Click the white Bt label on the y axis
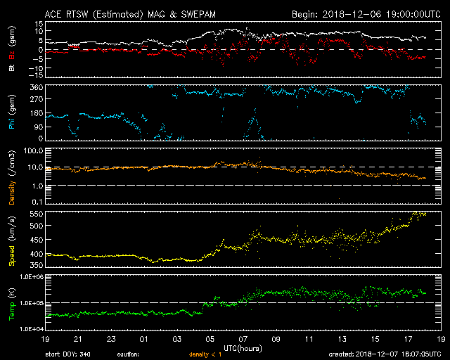point(12,67)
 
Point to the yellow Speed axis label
point(12,256)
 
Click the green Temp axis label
point(12,311)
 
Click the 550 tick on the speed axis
point(37,214)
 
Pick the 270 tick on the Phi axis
point(37,99)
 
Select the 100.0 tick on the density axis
point(34,150)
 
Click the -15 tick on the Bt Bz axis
point(35,75)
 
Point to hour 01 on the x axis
point(143,339)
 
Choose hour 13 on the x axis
point(342,339)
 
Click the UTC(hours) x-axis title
point(243,348)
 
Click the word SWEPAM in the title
point(198,14)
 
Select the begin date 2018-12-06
point(352,14)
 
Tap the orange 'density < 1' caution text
point(205,354)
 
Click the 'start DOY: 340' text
point(67,354)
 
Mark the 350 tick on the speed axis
point(37,265)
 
